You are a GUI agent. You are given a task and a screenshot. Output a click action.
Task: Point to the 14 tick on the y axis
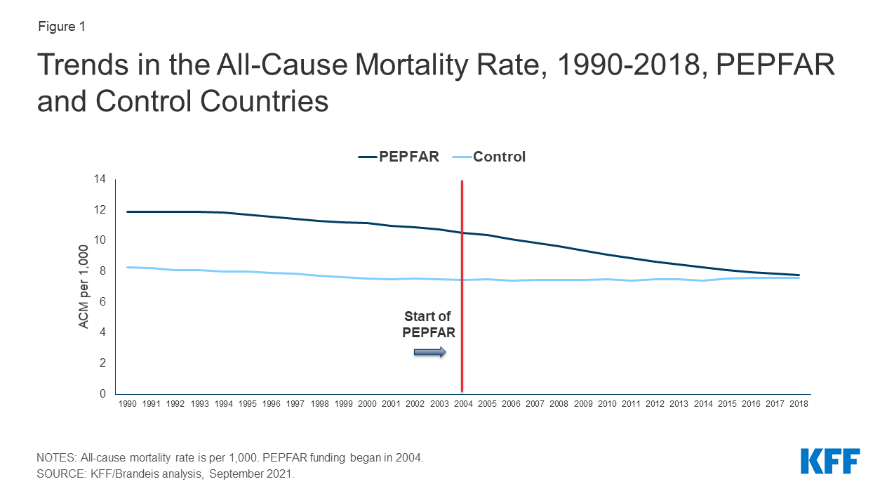click(x=100, y=179)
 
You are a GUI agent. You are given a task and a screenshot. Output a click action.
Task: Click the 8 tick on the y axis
click(x=102, y=271)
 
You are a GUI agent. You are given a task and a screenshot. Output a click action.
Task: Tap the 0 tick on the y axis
click(x=102, y=393)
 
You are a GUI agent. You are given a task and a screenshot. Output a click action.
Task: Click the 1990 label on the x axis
click(x=127, y=405)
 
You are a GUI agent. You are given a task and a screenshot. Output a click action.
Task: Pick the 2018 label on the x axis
click(x=799, y=405)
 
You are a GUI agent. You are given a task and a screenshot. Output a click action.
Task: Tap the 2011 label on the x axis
click(x=630, y=405)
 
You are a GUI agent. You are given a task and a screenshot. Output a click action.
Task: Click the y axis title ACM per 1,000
click(x=84, y=287)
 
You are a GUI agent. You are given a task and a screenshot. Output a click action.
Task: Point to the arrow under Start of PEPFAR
click(x=429, y=352)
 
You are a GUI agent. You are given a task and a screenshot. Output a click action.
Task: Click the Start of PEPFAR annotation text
click(x=428, y=325)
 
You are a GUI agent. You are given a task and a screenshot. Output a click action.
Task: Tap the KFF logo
click(x=830, y=462)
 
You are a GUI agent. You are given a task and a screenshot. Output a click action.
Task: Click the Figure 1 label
click(x=60, y=27)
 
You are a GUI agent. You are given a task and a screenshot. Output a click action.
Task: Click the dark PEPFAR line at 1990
click(x=128, y=211)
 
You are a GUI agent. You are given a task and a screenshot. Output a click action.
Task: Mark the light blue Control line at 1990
click(x=128, y=267)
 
